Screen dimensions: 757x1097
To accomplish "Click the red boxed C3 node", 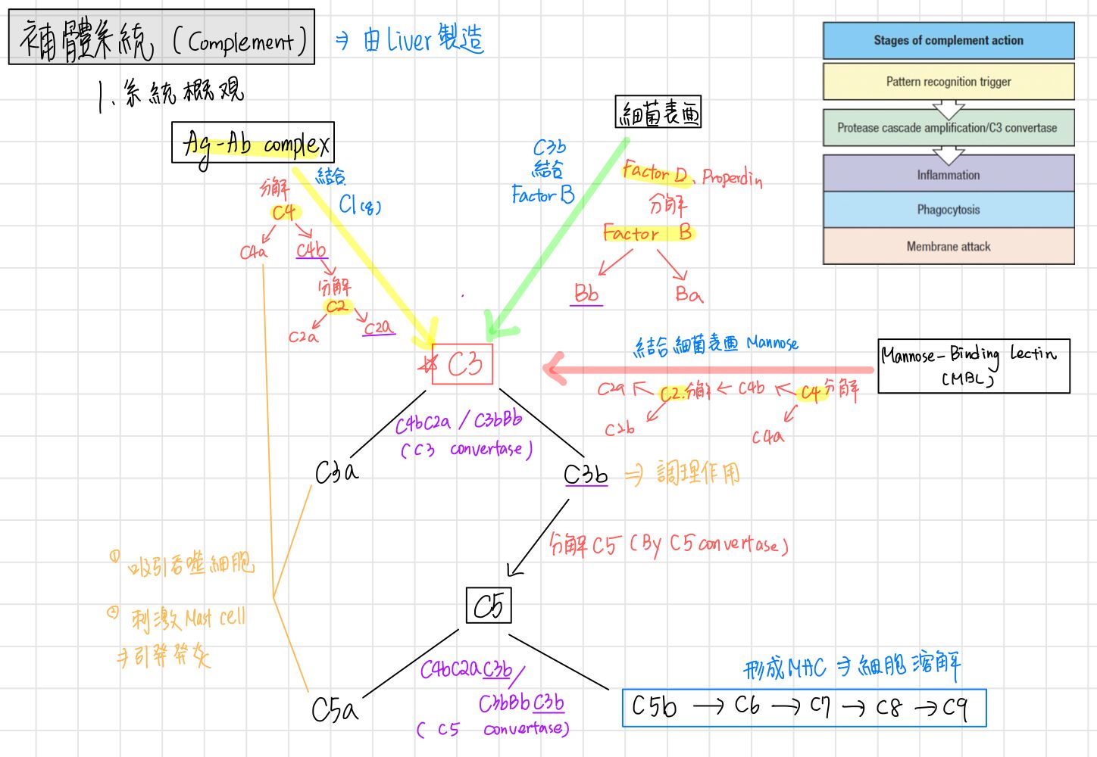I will tap(463, 364).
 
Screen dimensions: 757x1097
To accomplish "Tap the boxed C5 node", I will tap(489, 606).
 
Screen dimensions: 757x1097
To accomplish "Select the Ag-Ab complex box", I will tap(253, 142).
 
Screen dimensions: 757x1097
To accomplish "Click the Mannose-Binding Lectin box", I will tap(974, 366).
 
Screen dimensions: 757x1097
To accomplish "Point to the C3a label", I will tap(336, 472).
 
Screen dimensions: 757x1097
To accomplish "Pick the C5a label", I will tap(334, 709).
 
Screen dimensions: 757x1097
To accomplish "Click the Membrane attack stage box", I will tap(949, 246).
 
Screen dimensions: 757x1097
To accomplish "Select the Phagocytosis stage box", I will tap(949, 210).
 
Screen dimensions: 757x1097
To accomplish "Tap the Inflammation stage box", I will tap(949, 175).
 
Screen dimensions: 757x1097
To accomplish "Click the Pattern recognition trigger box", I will tap(949, 82).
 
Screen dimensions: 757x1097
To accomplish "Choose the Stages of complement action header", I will tap(949, 41).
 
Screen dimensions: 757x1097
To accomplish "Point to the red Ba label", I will tap(689, 294).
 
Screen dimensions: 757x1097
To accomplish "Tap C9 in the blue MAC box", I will tap(956, 708).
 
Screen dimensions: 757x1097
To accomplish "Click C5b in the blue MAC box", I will tap(654, 706).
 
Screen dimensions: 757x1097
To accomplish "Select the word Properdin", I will tap(732, 178).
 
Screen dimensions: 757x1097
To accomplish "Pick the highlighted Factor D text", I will tap(654, 173).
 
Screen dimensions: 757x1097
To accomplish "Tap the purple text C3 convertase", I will tap(467, 449).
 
